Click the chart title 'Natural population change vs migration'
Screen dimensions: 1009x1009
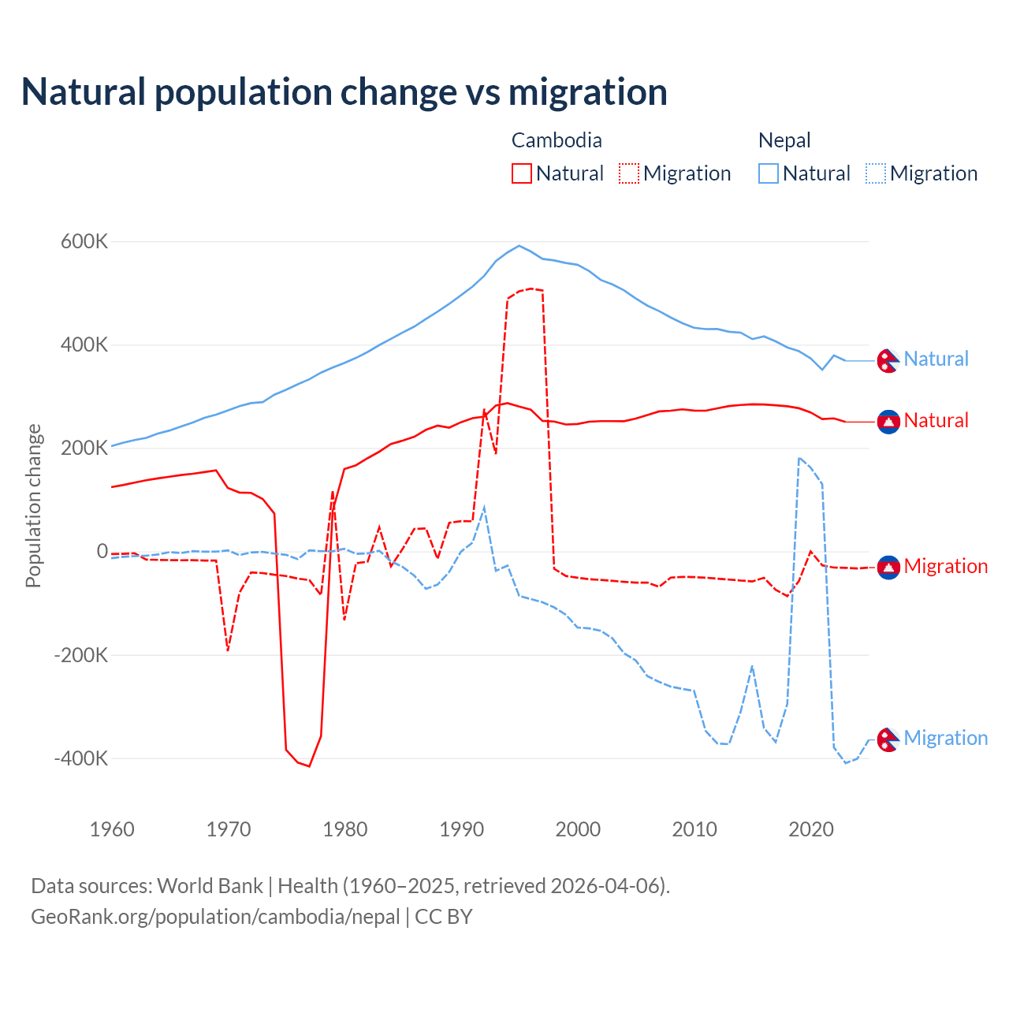[x=344, y=91]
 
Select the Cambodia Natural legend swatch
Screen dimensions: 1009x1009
[x=521, y=173]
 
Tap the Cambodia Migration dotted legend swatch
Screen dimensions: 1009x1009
[x=628, y=173]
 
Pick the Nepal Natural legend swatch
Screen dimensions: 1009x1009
[x=768, y=173]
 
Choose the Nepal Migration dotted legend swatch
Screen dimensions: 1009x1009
[x=875, y=173]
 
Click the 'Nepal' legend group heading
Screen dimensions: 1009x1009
[x=784, y=140]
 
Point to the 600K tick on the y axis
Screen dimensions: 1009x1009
[x=84, y=241]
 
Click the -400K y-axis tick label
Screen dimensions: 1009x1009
[x=80, y=758]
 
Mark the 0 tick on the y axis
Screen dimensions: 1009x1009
[x=102, y=551]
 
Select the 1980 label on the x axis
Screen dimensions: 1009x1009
[x=344, y=829]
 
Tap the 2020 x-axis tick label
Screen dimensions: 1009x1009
[x=810, y=829]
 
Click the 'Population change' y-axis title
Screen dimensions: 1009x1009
[x=33, y=505]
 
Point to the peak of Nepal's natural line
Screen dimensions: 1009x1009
[x=518, y=245]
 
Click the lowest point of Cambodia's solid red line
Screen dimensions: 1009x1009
[x=309, y=766]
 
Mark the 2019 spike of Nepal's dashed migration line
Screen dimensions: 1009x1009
[x=799, y=458]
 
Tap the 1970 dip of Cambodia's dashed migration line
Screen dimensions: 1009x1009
[x=228, y=650]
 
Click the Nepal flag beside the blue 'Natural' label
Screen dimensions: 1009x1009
[x=888, y=360]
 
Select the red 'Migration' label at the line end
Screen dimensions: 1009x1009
[x=945, y=566]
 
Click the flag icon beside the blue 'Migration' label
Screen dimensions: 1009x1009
[x=888, y=739]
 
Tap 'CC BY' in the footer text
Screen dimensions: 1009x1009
[x=443, y=917]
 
